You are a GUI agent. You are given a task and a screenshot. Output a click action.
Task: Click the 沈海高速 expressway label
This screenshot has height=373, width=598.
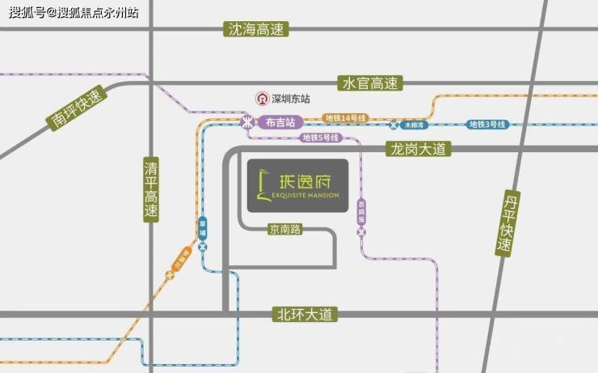pos(255,30)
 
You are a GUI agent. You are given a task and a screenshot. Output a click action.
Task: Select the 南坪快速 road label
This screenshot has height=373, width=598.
pos(77,111)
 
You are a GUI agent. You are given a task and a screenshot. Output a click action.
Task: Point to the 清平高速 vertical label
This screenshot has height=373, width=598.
pos(150,189)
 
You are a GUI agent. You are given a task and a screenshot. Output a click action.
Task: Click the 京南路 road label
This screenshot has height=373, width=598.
pos(285,230)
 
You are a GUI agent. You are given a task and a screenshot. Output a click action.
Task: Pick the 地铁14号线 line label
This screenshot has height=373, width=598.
pos(346,118)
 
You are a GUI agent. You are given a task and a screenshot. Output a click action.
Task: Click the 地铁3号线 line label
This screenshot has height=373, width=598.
pos(487,125)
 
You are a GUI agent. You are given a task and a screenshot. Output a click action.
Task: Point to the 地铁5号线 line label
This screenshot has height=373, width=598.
pos(321,138)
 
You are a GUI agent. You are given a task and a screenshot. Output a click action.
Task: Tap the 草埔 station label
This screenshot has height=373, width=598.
pos(203,224)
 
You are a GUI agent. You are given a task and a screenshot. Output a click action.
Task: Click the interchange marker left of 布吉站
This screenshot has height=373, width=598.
pos(246,122)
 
